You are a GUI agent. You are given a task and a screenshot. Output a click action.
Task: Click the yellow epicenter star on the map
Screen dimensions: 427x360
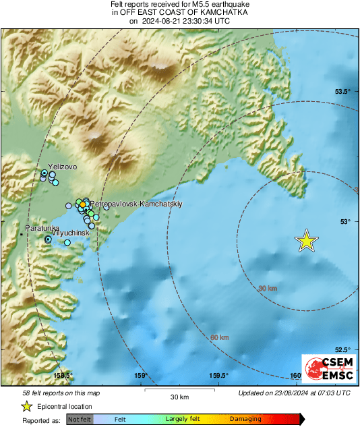point(307,240)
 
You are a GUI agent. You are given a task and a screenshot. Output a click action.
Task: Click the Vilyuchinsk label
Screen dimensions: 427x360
point(71,233)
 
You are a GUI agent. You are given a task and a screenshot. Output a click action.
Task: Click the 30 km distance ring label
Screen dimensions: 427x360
point(268,289)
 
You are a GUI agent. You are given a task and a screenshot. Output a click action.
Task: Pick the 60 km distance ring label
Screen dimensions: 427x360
point(220,337)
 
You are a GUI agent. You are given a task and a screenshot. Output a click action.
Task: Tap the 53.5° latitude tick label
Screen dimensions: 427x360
point(344,91)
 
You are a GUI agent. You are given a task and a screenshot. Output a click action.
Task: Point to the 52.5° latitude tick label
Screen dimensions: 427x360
point(344,349)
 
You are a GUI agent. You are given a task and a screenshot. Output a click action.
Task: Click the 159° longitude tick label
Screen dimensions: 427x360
point(141,376)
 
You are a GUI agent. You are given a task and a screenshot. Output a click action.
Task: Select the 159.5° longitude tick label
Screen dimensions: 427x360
point(218,376)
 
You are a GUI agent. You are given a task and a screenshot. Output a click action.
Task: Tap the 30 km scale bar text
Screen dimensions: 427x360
point(179,395)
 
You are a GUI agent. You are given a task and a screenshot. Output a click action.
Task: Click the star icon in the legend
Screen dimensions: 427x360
point(27,406)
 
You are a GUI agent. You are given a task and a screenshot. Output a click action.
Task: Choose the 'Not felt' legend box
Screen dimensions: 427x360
point(79,419)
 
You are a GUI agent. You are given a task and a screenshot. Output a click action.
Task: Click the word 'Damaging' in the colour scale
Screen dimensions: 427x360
point(245,419)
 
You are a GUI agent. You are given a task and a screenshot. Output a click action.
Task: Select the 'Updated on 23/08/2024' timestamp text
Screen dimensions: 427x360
point(294,393)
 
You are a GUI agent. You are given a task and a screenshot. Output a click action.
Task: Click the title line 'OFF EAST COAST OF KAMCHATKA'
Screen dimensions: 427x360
point(179,13)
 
